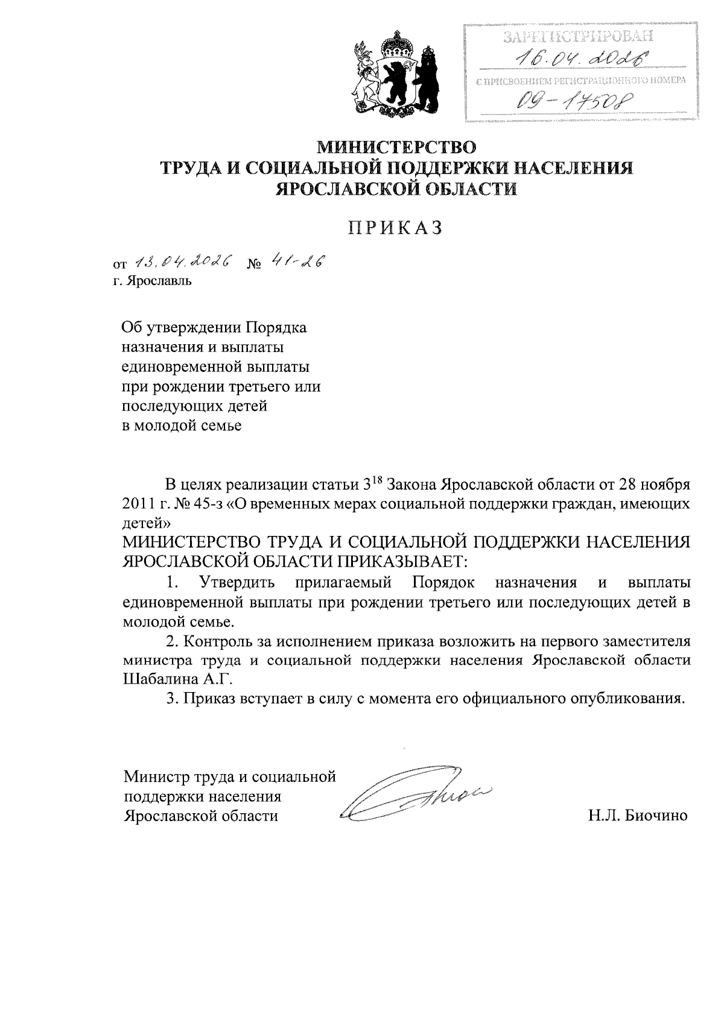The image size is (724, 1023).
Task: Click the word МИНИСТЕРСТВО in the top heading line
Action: [x=396, y=146]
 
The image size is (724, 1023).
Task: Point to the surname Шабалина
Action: [x=158, y=678]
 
